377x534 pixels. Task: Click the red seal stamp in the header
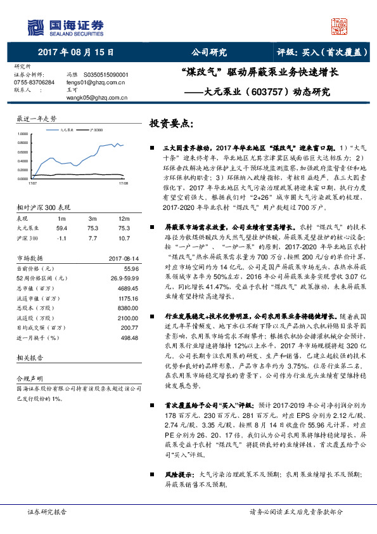pyautogui.click(x=341, y=26)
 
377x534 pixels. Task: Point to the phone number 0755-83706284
pyautogui.click(x=34, y=82)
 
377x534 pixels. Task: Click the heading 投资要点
pyautogui.click(x=172, y=123)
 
